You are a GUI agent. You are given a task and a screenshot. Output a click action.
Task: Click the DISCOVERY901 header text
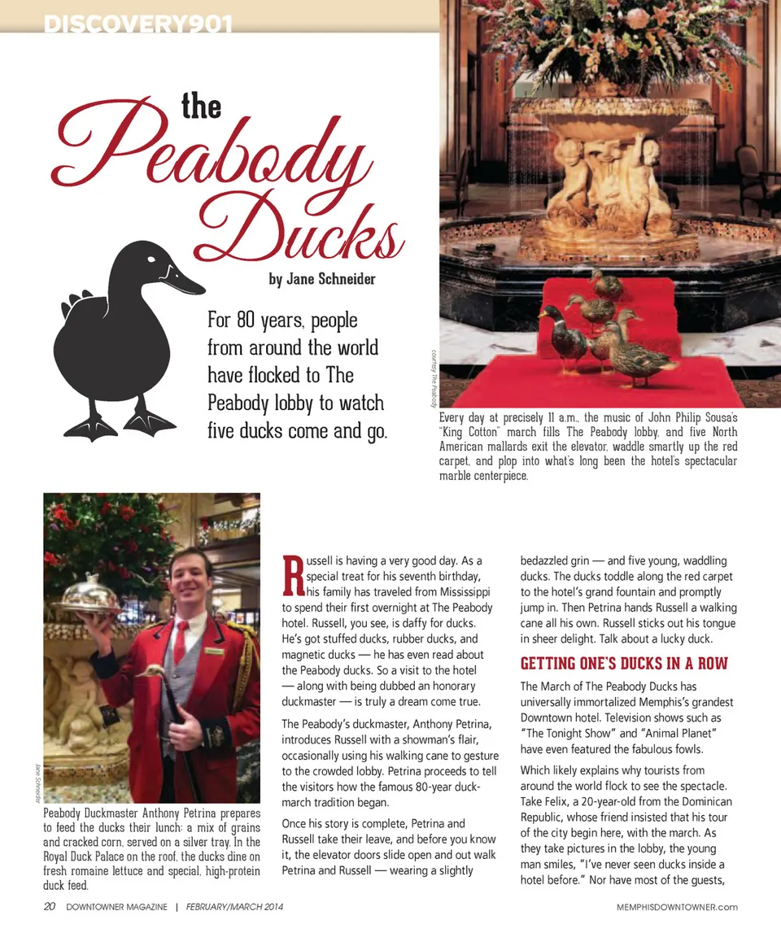pyautogui.click(x=138, y=25)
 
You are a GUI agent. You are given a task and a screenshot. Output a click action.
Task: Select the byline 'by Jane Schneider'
pyautogui.click(x=322, y=279)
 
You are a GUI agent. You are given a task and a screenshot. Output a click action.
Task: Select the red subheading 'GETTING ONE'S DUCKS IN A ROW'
pyautogui.click(x=624, y=663)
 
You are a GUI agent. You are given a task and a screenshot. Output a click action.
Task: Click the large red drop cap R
pyautogui.click(x=292, y=576)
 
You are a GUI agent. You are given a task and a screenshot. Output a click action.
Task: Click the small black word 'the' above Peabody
pyautogui.click(x=201, y=107)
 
